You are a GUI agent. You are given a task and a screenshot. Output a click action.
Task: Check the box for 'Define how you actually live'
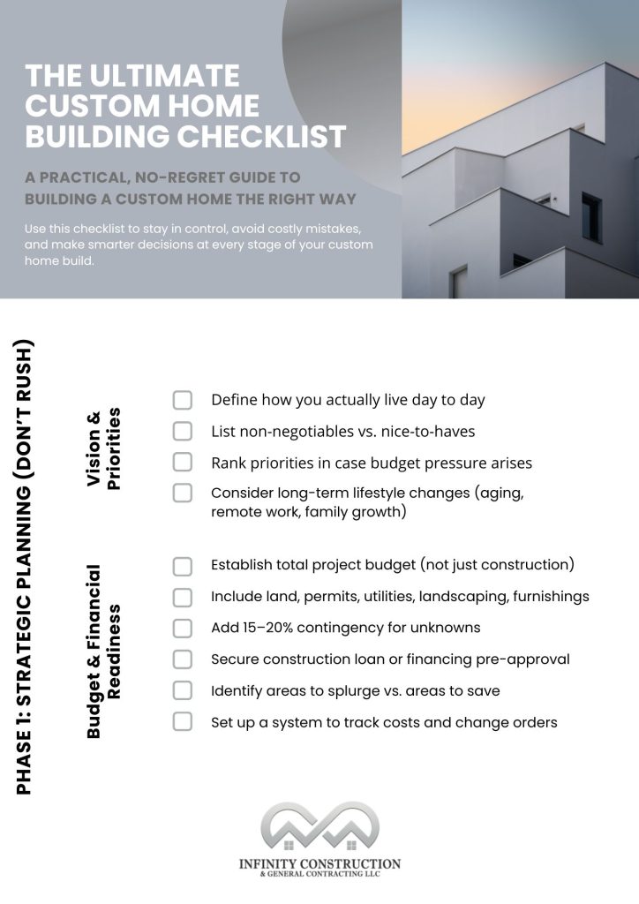click(x=182, y=401)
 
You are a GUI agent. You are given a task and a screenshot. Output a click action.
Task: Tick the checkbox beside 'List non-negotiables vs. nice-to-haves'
click(x=182, y=432)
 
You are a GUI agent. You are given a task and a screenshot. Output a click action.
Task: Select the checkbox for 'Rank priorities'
click(x=182, y=463)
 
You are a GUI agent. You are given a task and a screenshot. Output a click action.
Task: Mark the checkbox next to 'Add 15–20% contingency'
click(x=182, y=628)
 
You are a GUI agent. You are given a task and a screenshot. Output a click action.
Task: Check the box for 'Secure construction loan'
click(x=182, y=659)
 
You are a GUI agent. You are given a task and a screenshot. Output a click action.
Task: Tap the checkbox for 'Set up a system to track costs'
click(x=182, y=722)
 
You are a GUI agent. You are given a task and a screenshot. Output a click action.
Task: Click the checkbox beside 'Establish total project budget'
click(x=182, y=566)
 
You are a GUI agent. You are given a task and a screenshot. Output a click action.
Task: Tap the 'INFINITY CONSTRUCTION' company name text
click(x=319, y=863)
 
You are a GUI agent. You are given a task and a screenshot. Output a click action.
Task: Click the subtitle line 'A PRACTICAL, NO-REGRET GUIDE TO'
click(x=162, y=178)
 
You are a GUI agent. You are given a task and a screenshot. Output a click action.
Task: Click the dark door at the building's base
click(x=459, y=282)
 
